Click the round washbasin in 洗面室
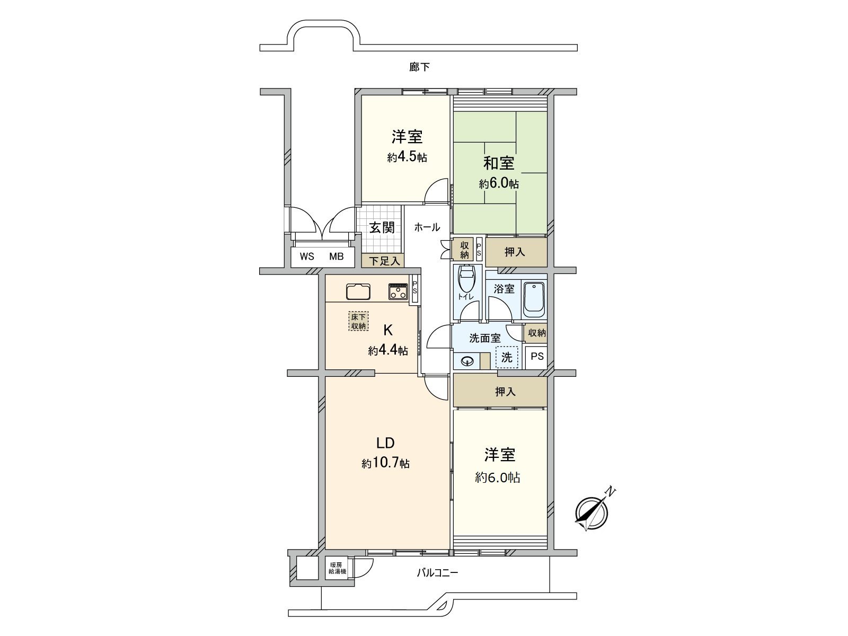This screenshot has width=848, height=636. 467,361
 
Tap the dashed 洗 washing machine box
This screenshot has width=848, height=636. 507,357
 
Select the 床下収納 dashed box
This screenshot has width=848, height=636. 358,321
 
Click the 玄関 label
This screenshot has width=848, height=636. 382,228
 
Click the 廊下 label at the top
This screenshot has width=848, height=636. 420,67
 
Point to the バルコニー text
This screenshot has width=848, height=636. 437,573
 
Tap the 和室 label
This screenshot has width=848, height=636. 499,163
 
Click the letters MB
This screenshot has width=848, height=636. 337,257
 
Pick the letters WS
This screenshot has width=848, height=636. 307,257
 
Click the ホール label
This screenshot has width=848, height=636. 427,227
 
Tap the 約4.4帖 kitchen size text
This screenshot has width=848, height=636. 388,351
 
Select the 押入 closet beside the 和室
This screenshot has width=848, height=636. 515,252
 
